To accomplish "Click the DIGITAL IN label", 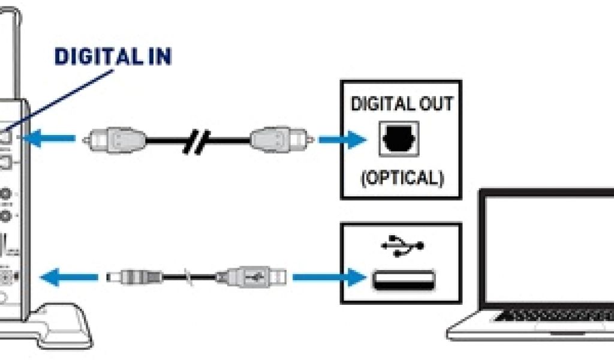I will [113, 56].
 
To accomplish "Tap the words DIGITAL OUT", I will [402, 104].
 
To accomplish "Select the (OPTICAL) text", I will [402, 179].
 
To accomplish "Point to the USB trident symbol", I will [402, 244].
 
